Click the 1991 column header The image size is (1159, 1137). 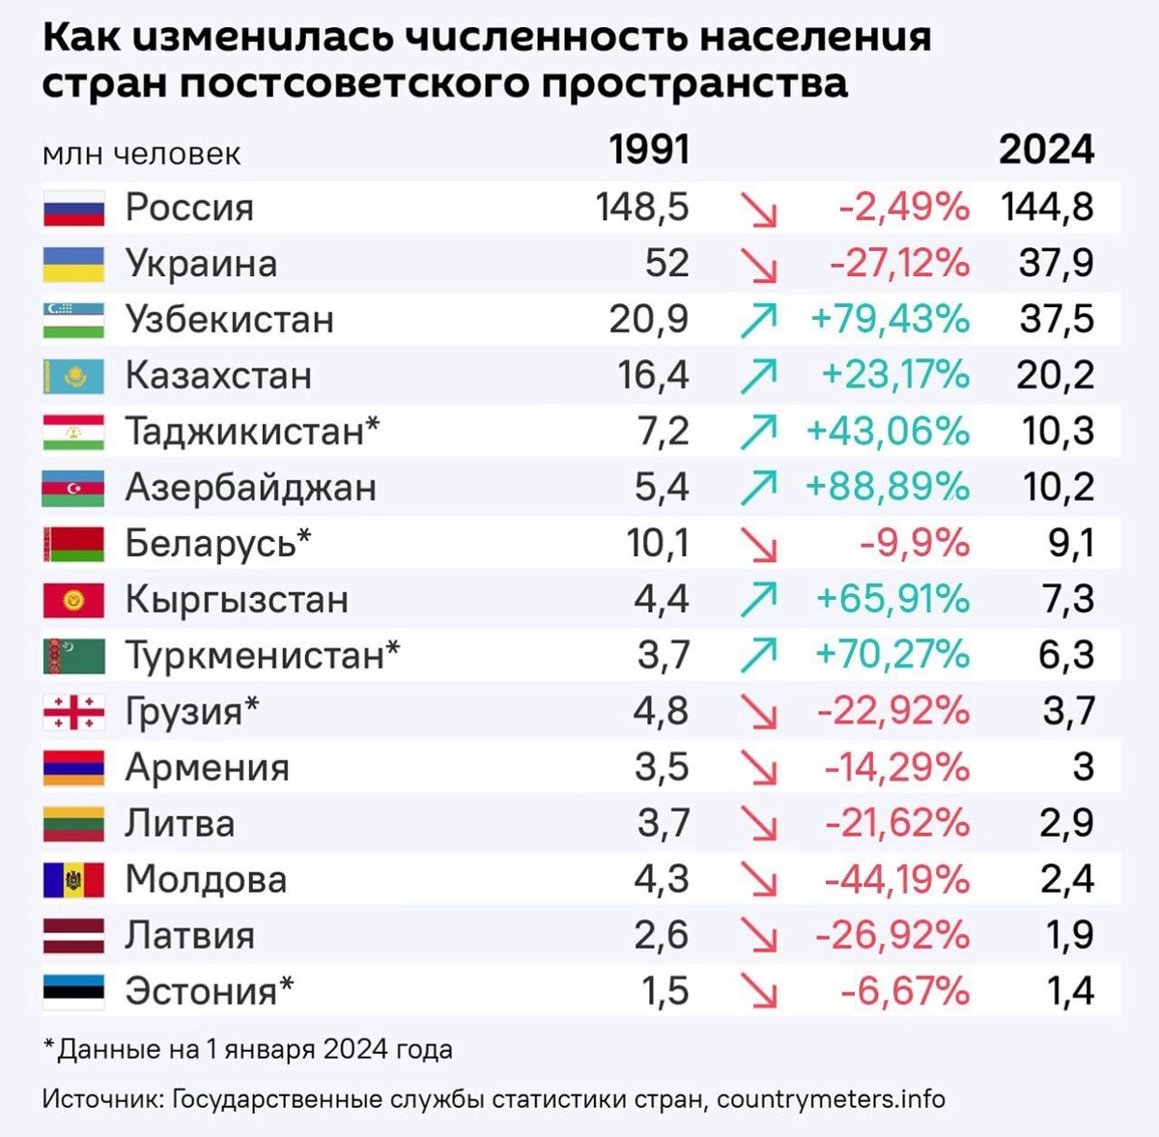click(649, 150)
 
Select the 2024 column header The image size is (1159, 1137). click(1046, 150)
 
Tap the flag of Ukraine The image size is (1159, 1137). click(73, 264)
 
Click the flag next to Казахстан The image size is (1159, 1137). click(73, 376)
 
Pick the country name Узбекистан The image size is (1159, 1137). click(230, 320)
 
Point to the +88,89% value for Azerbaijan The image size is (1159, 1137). click(888, 487)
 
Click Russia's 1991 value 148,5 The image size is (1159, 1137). click(642, 207)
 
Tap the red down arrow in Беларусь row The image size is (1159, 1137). click(758, 545)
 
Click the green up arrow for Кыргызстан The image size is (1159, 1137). click(758, 600)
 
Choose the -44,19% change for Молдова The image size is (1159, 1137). click(897, 880)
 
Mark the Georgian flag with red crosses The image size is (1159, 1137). click(73, 712)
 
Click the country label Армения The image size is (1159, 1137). click(208, 768)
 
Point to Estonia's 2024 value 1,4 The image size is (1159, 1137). click(1070, 991)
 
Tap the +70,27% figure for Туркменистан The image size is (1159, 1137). click(892, 655)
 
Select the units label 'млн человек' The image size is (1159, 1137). click(141, 155)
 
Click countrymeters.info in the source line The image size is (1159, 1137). click(831, 1099)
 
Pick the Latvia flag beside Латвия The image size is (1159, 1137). click(73, 936)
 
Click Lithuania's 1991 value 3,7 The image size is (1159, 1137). click(663, 824)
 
